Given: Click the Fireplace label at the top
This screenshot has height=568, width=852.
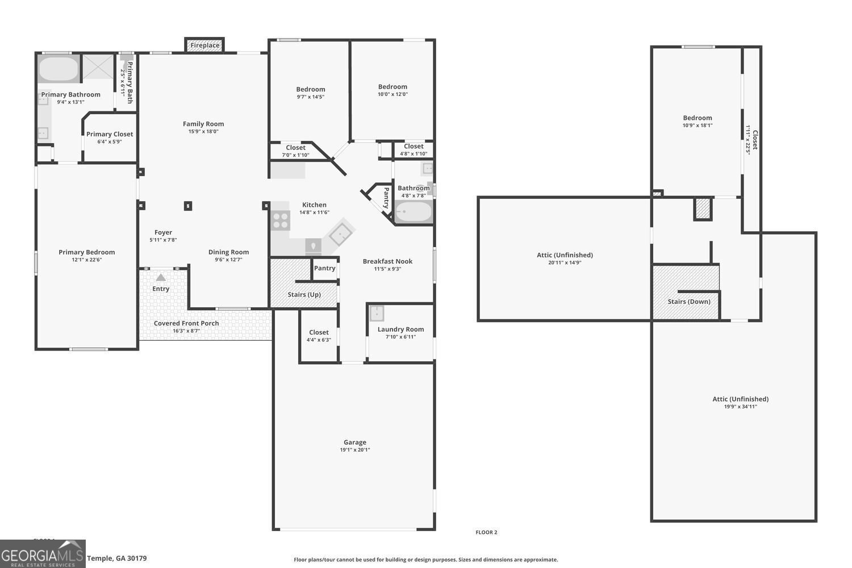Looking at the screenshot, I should pyautogui.click(x=204, y=45).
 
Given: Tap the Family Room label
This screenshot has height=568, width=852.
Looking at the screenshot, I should pyautogui.click(x=203, y=124).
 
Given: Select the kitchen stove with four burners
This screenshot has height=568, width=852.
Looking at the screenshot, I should pyautogui.click(x=281, y=220).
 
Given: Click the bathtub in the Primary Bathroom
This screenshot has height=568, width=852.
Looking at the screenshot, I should pyautogui.click(x=59, y=69).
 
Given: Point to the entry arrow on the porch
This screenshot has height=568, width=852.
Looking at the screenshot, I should pyautogui.click(x=161, y=278).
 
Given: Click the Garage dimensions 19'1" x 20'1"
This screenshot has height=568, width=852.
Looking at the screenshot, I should pyautogui.click(x=355, y=450).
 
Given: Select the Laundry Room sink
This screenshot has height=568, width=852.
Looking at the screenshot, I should pyautogui.click(x=377, y=313).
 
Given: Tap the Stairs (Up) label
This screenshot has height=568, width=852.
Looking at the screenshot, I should pyautogui.click(x=304, y=294).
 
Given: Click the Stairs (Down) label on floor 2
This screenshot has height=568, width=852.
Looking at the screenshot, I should pyautogui.click(x=689, y=301).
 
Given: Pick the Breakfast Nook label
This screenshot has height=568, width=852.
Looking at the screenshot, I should pyautogui.click(x=387, y=261).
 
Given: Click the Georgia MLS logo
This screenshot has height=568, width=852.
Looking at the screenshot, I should pyautogui.click(x=43, y=554).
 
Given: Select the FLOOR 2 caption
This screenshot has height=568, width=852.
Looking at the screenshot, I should pyautogui.click(x=486, y=532).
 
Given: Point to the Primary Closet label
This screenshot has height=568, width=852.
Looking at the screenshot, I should pyautogui.click(x=110, y=134).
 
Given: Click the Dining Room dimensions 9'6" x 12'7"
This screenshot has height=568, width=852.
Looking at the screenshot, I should pyautogui.click(x=228, y=260).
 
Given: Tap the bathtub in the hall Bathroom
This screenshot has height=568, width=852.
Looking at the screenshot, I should pyautogui.click(x=414, y=213).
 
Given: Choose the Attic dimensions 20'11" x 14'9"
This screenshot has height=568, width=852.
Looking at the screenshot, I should pyautogui.click(x=565, y=262).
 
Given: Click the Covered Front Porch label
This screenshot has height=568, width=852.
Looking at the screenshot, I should pyautogui.click(x=186, y=323).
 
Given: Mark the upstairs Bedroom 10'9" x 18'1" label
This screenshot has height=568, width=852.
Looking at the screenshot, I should pyautogui.click(x=698, y=118).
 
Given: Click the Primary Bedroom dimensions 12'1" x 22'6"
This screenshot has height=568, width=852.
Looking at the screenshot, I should pyautogui.click(x=86, y=260).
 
